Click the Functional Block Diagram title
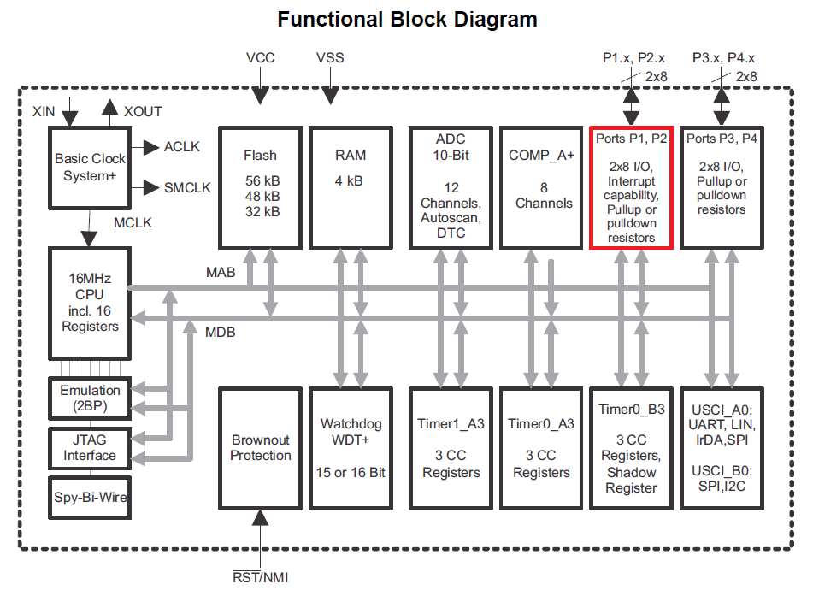coord(407,19)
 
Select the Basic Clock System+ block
coord(90,168)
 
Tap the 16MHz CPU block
coord(90,303)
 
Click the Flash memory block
coord(260,187)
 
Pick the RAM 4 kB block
coord(351,187)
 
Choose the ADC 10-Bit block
coord(451,187)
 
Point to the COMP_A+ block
coord(540,187)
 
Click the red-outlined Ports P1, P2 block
coord(632,187)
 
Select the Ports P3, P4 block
coord(722,187)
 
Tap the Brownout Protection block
coord(260,448)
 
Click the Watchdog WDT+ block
coord(351,448)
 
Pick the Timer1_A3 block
coord(451,448)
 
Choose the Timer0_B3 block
coord(632,448)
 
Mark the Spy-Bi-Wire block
coord(90,496)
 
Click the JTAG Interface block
coord(90,447)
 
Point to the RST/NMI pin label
coord(261,578)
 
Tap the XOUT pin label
coord(143,111)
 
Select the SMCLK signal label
coord(187,187)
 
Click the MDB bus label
coord(220,332)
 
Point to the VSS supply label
coord(330,58)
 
